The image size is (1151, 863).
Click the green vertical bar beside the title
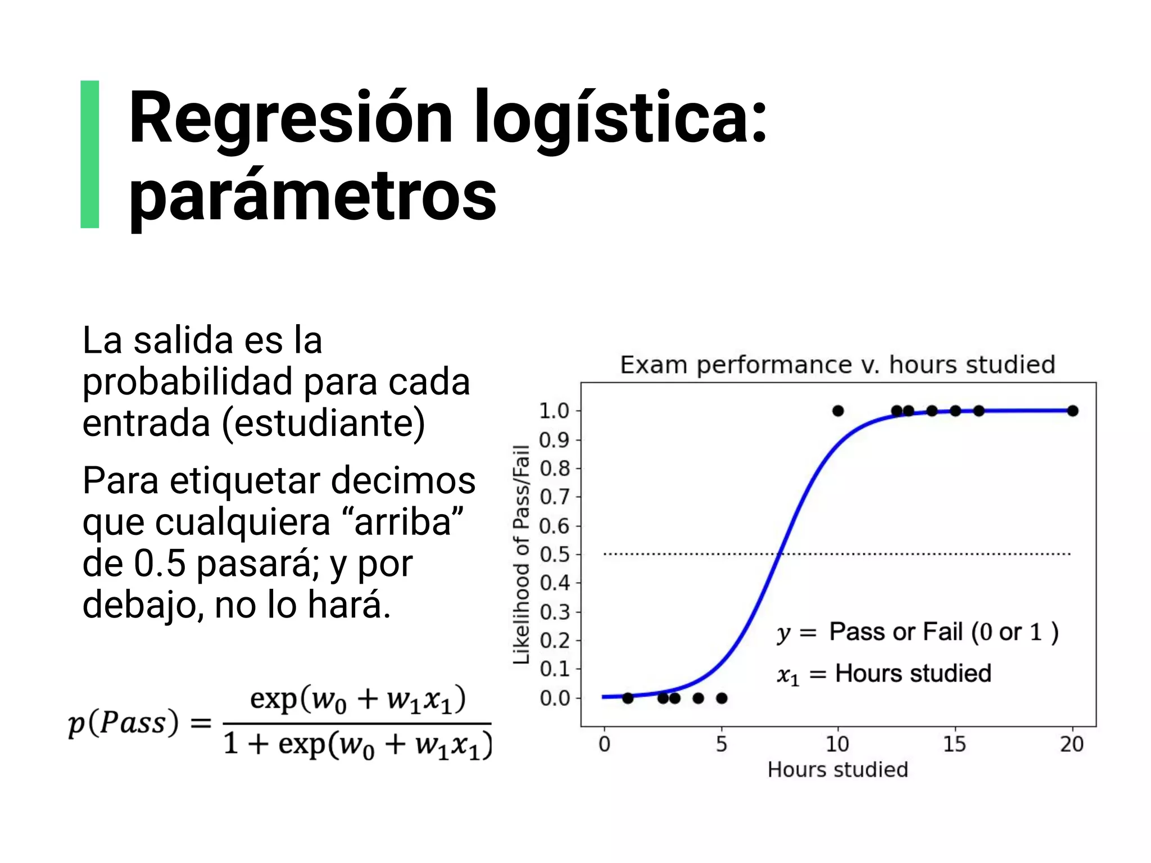tap(90, 154)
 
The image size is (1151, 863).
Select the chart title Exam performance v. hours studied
tap(837, 365)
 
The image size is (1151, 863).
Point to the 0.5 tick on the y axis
tap(554, 555)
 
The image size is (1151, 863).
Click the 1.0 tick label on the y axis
tap(554, 411)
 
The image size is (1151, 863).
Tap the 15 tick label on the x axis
tap(954, 744)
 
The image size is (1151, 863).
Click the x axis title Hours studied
tap(837, 769)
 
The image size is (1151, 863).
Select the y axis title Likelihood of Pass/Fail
tap(522, 554)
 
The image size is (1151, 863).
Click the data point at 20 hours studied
tap(1072, 411)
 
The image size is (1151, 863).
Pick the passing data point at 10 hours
tap(838, 411)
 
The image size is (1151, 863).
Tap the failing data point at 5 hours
tap(722, 698)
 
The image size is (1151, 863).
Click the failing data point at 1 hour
tap(628, 698)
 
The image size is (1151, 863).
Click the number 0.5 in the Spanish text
tap(159, 564)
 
